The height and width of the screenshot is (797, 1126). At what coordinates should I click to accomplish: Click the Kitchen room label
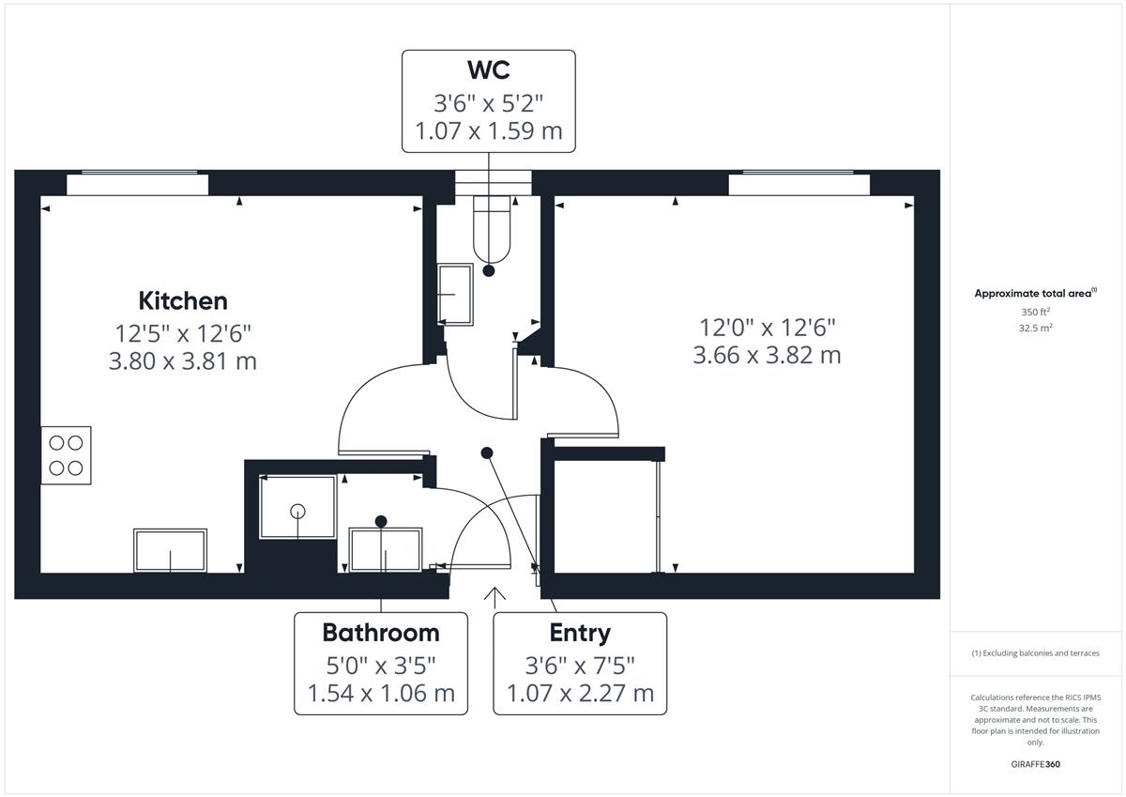click(183, 301)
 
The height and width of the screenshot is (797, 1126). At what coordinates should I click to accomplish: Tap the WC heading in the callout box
click(489, 69)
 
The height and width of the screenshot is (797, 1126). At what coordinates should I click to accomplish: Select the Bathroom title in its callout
click(381, 633)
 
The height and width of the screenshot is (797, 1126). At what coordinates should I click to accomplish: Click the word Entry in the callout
click(580, 634)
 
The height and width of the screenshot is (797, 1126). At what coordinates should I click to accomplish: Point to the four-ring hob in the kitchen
click(66, 455)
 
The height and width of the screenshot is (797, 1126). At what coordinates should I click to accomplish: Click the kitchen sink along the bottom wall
click(171, 550)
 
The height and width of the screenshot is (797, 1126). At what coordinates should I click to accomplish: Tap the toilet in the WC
click(492, 229)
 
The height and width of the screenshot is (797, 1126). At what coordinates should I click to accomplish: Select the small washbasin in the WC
click(455, 295)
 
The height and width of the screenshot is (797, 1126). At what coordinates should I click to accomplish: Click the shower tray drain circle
click(297, 512)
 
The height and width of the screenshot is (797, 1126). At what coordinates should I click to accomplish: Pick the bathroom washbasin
click(386, 549)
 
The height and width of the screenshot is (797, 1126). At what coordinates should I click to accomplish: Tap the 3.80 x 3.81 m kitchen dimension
click(183, 361)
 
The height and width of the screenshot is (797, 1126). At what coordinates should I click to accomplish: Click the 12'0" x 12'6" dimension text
click(768, 328)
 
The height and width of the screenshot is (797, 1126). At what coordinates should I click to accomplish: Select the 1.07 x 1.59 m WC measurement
click(489, 130)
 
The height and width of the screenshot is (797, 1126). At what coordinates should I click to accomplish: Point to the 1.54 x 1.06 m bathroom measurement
click(381, 694)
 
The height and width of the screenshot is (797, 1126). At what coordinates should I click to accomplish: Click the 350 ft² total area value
click(1036, 312)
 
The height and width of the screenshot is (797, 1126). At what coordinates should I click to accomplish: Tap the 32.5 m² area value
click(1036, 328)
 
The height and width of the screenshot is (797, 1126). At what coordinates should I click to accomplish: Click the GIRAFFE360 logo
click(1036, 764)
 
